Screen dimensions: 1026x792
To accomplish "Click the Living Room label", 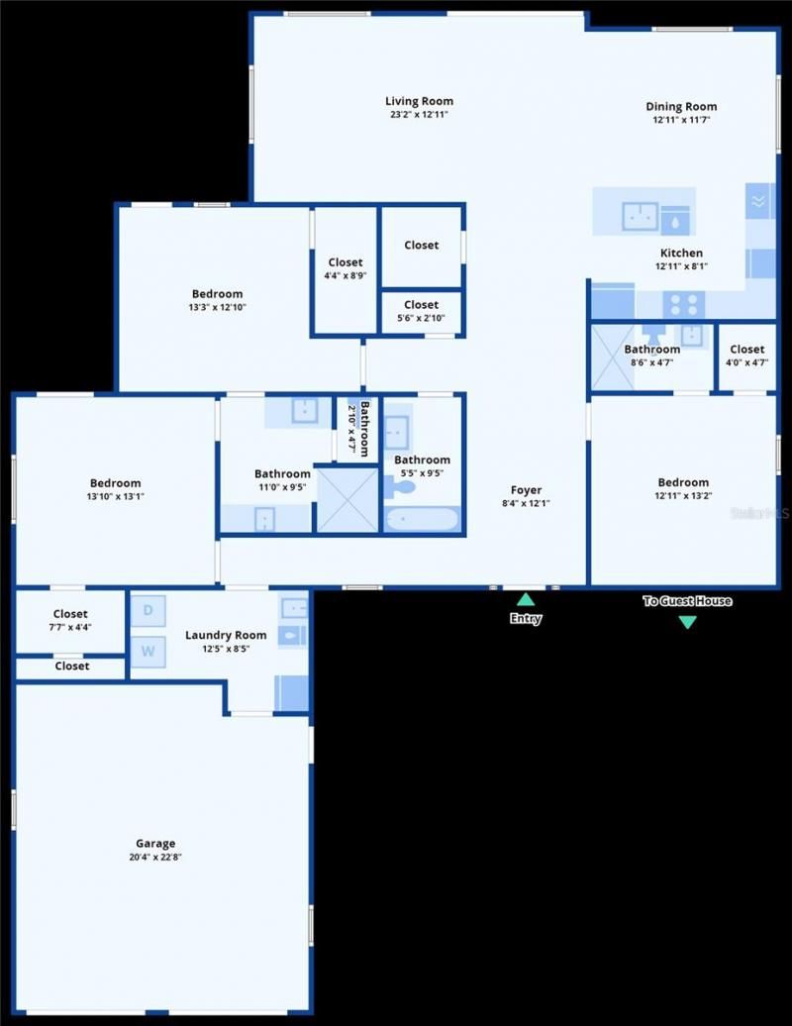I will click(419, 101).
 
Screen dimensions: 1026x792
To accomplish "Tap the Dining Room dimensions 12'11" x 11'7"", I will click(681, 120).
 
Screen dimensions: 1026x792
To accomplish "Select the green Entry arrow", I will click(526, 599).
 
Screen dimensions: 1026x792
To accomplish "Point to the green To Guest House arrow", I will click(687, 622).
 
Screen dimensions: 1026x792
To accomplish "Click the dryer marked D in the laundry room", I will click(148, 610).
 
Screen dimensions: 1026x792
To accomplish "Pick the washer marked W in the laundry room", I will click(148, 651).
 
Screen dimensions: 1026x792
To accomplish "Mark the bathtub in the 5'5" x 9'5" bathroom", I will click(422, 519).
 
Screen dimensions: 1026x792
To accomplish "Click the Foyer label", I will click(526, 490).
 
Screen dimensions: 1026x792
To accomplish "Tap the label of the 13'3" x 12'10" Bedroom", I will click(217, 294).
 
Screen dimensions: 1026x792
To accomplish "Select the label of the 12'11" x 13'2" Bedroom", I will click(682, 482).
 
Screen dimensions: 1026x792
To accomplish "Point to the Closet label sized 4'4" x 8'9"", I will click(346, 262).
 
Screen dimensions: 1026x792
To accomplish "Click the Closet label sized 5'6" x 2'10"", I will click(421, 305).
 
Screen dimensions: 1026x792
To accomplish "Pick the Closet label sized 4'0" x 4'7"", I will click(746, 350).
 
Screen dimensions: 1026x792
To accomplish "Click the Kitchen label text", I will click(681, 254).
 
